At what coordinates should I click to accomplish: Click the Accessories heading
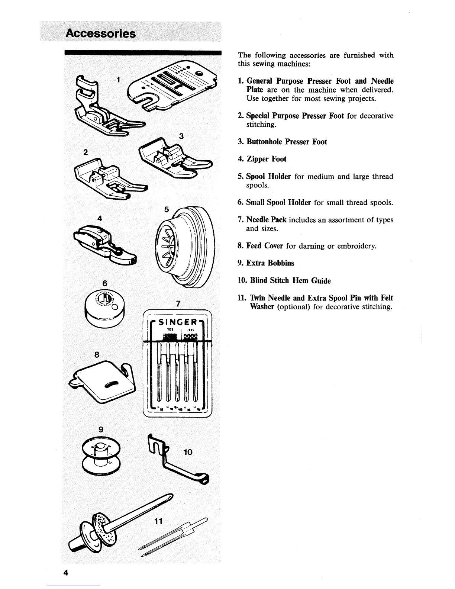[x=100, y=33]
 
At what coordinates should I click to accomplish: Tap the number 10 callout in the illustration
[x=188, y=452]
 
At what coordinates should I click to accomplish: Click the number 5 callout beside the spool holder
[x=167, y=210]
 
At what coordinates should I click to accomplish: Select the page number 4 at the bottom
[x=66, y=572]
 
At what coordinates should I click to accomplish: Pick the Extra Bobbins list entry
[x=270, y=263]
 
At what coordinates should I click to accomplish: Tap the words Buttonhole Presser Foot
[x=287, y=142]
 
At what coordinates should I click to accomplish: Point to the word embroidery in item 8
[x=355, y=246]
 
